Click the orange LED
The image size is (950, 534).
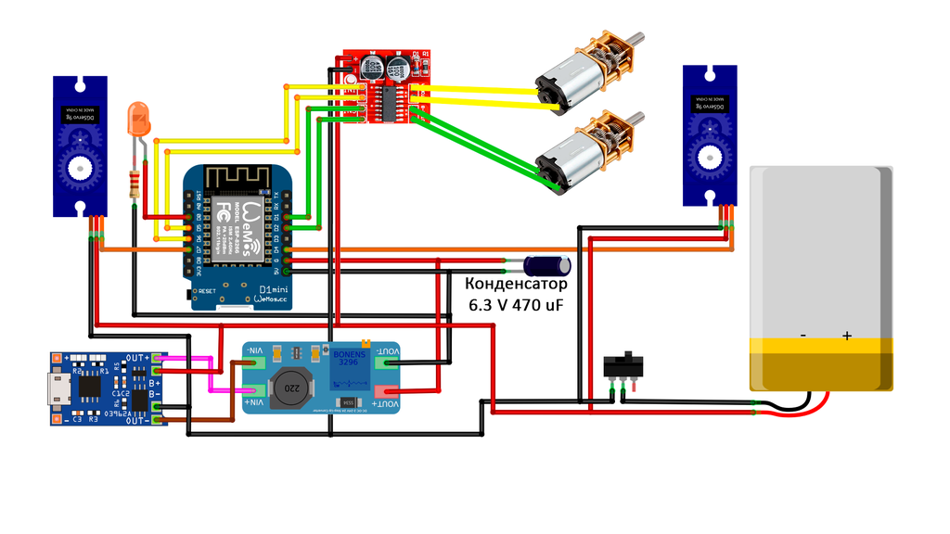pyautogui.click(x=140, y=118)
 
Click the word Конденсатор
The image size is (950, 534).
pyautogui.click(x=515, y=285)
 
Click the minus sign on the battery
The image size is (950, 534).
pyautogui.click(x=803, y=336)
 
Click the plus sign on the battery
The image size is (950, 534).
pyautogui.click(x=846, y=336)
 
